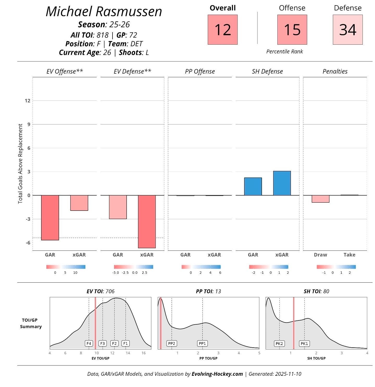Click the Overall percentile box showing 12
click(x=223, y=29)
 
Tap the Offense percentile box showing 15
click(x=292, y=29)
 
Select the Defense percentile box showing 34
click(x=348, y=29)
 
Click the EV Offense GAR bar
click(x=50, y=218)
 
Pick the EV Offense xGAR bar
click(x=79, y=203)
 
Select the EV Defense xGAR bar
click(x=147, y=222)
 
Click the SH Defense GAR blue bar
click(x=253, y=186)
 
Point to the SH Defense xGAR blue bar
click(x=282, y=183)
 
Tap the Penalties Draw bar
click(x=321, y=199)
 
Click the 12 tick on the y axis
click(x=28, y=101)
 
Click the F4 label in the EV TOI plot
click(x=89, y=343)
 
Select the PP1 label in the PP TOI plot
click(x=202, y=343)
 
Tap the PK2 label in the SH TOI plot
click(x=279, y=343)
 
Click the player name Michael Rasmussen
click(x=104, y=11)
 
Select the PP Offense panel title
click(x=200, y=71)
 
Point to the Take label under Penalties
click(x=349, y=255)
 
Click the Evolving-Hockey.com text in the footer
click(x=217, y=374)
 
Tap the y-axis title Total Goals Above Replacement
click(x=21, y=164)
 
